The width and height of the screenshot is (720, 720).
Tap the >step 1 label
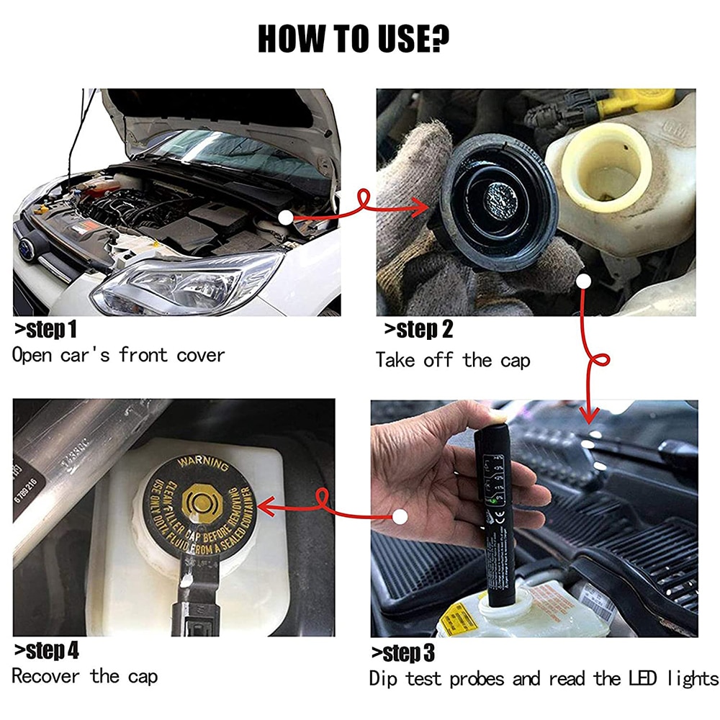(45, 330)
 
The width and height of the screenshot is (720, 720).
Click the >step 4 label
(47, 652)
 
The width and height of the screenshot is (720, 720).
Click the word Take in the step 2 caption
(395, 359)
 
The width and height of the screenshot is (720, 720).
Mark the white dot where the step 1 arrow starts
(287, 215)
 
